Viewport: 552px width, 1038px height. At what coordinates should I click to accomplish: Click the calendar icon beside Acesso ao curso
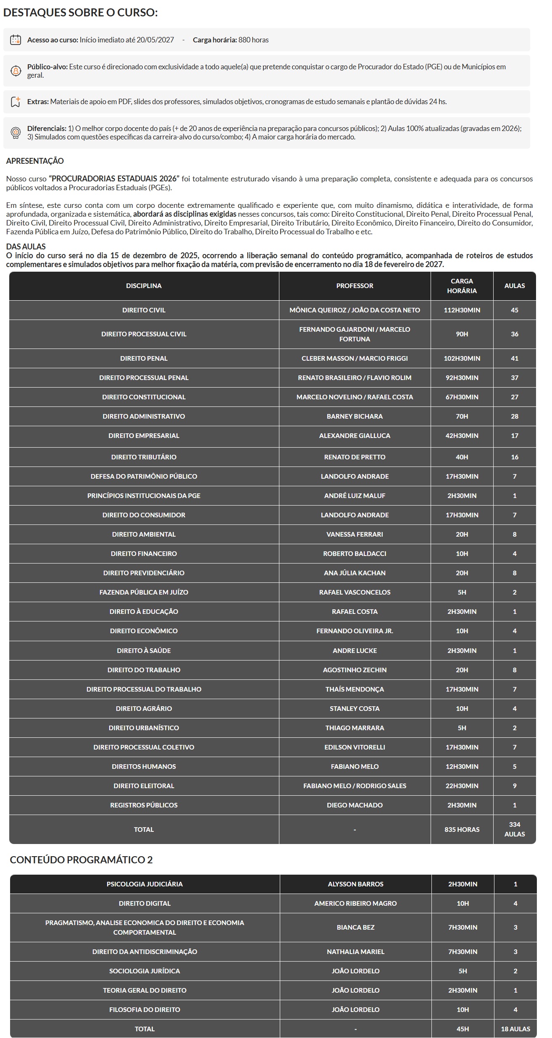(x=16, y=40)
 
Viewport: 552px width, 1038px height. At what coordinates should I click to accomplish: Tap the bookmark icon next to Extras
(x=16, y=102)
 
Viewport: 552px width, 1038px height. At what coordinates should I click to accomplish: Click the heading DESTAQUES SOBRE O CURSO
(x=80, y=13)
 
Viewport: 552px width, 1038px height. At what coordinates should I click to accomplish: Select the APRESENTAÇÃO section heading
(x=35, y=161)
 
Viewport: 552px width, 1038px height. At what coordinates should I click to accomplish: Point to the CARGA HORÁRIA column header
(x=462, y=286)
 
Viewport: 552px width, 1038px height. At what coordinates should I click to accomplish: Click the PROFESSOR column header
(x=355, y=286)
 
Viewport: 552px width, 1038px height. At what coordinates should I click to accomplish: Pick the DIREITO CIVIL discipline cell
(x=144, y=310)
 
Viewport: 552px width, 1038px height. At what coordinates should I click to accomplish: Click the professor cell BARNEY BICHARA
(x=355, y=417)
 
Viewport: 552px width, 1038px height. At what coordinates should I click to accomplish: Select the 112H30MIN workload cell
(x=462, y=310)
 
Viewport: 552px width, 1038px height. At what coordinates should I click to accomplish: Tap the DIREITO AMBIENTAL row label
(x=144, y=535)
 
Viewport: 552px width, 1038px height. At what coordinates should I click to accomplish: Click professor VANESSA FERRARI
(x=355, y=535)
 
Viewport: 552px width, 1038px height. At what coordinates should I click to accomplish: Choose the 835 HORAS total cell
(x=462, y=829)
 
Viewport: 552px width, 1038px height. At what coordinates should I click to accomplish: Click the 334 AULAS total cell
(x=514, y=829)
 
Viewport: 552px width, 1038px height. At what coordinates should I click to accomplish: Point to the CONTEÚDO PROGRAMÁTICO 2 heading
(x=81, y=860)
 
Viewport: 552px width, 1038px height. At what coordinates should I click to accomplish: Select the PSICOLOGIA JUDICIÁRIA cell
(x=145, y=884)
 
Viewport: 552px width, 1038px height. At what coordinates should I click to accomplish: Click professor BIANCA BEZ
(x=355, y=927)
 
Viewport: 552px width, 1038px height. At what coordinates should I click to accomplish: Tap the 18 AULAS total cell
(x=515, y=1029)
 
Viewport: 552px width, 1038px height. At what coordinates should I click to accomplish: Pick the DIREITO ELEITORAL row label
(x=144, y=786)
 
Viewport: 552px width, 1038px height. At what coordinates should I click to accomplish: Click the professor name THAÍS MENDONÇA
(x=355, y=689)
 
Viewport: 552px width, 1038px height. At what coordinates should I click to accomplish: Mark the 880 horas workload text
(x=253, y=40)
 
